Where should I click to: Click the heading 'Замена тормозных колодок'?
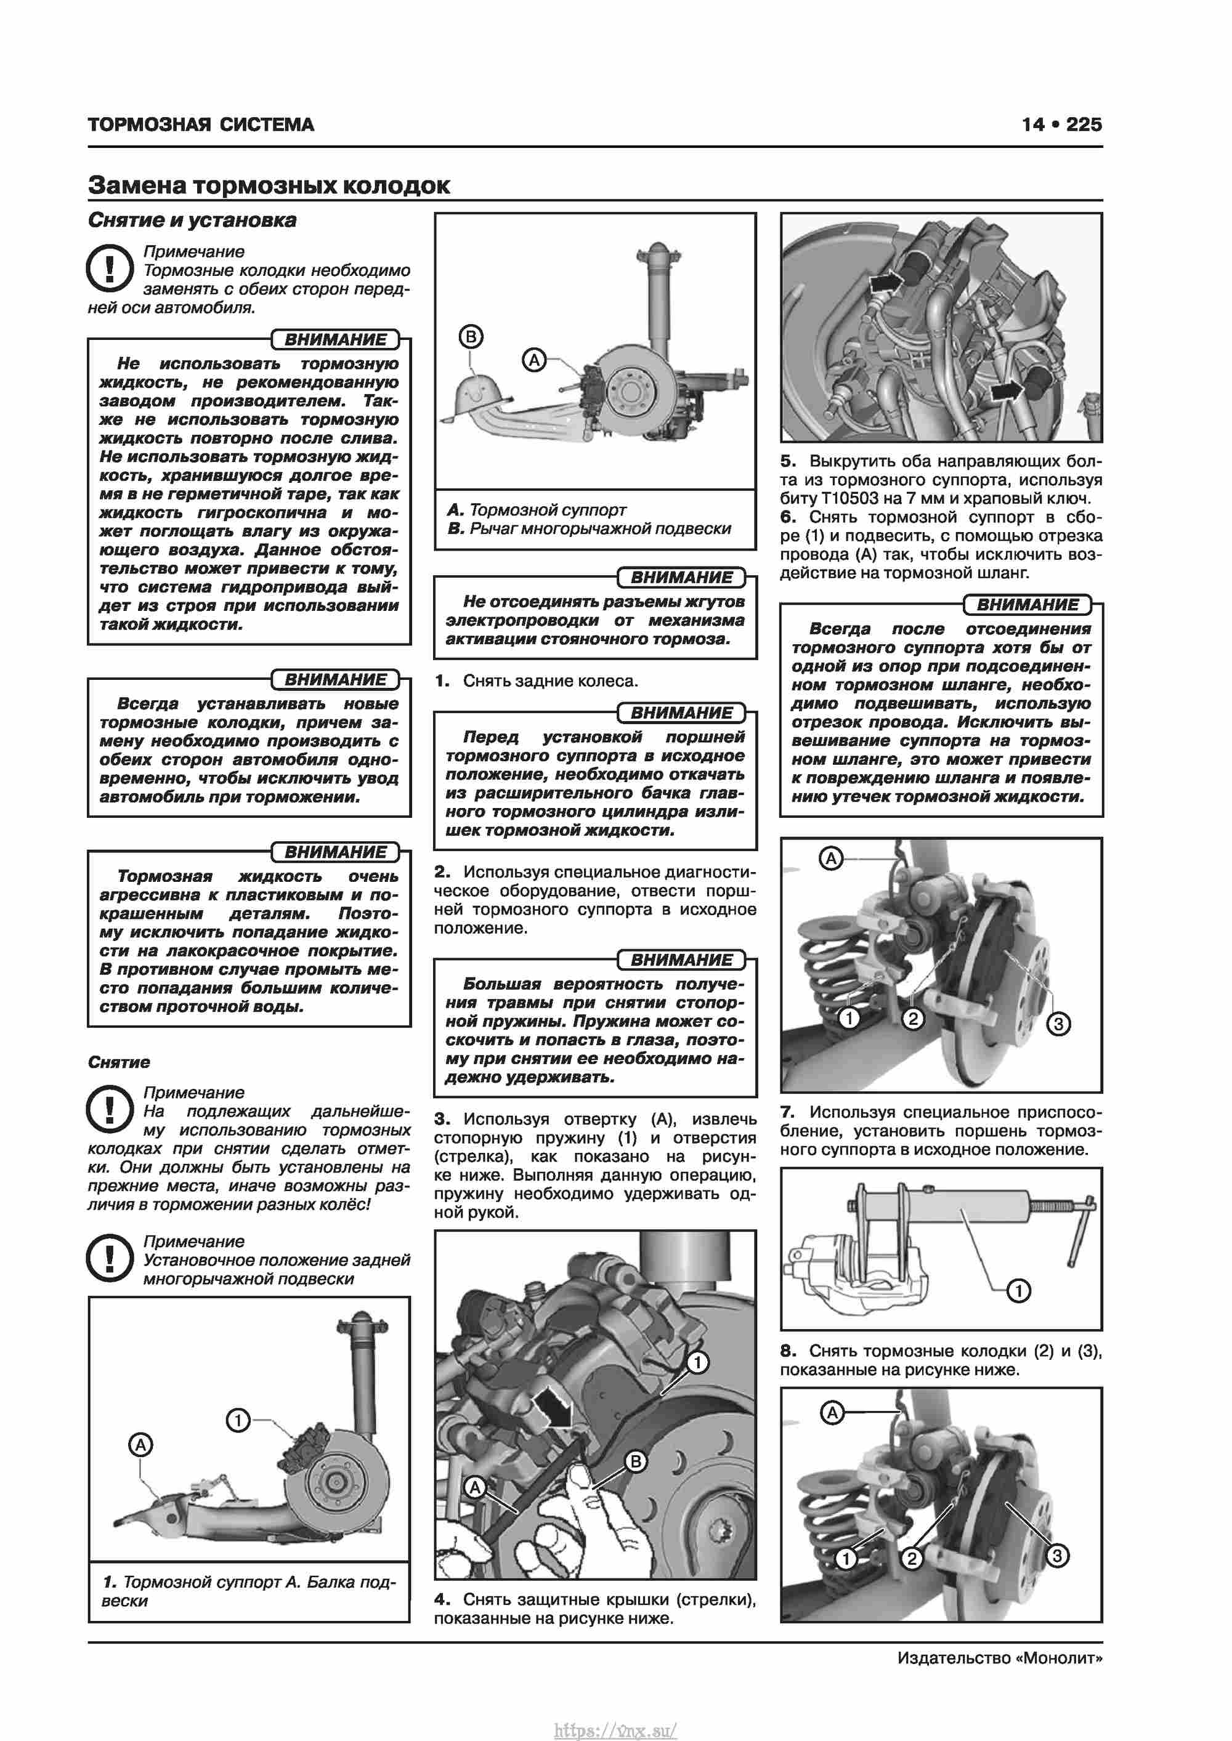[x=269, y=185]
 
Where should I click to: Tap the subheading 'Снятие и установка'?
[x=192, y=220]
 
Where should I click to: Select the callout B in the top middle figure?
[x=471, y=337]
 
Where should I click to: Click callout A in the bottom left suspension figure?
[x=140, y=1445]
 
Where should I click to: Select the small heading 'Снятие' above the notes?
[x=119, y=1062]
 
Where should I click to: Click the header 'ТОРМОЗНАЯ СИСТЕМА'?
[x=201, y=124]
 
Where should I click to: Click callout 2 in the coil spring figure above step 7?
[x=913, y=1019]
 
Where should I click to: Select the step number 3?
[x=442, y=1119]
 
